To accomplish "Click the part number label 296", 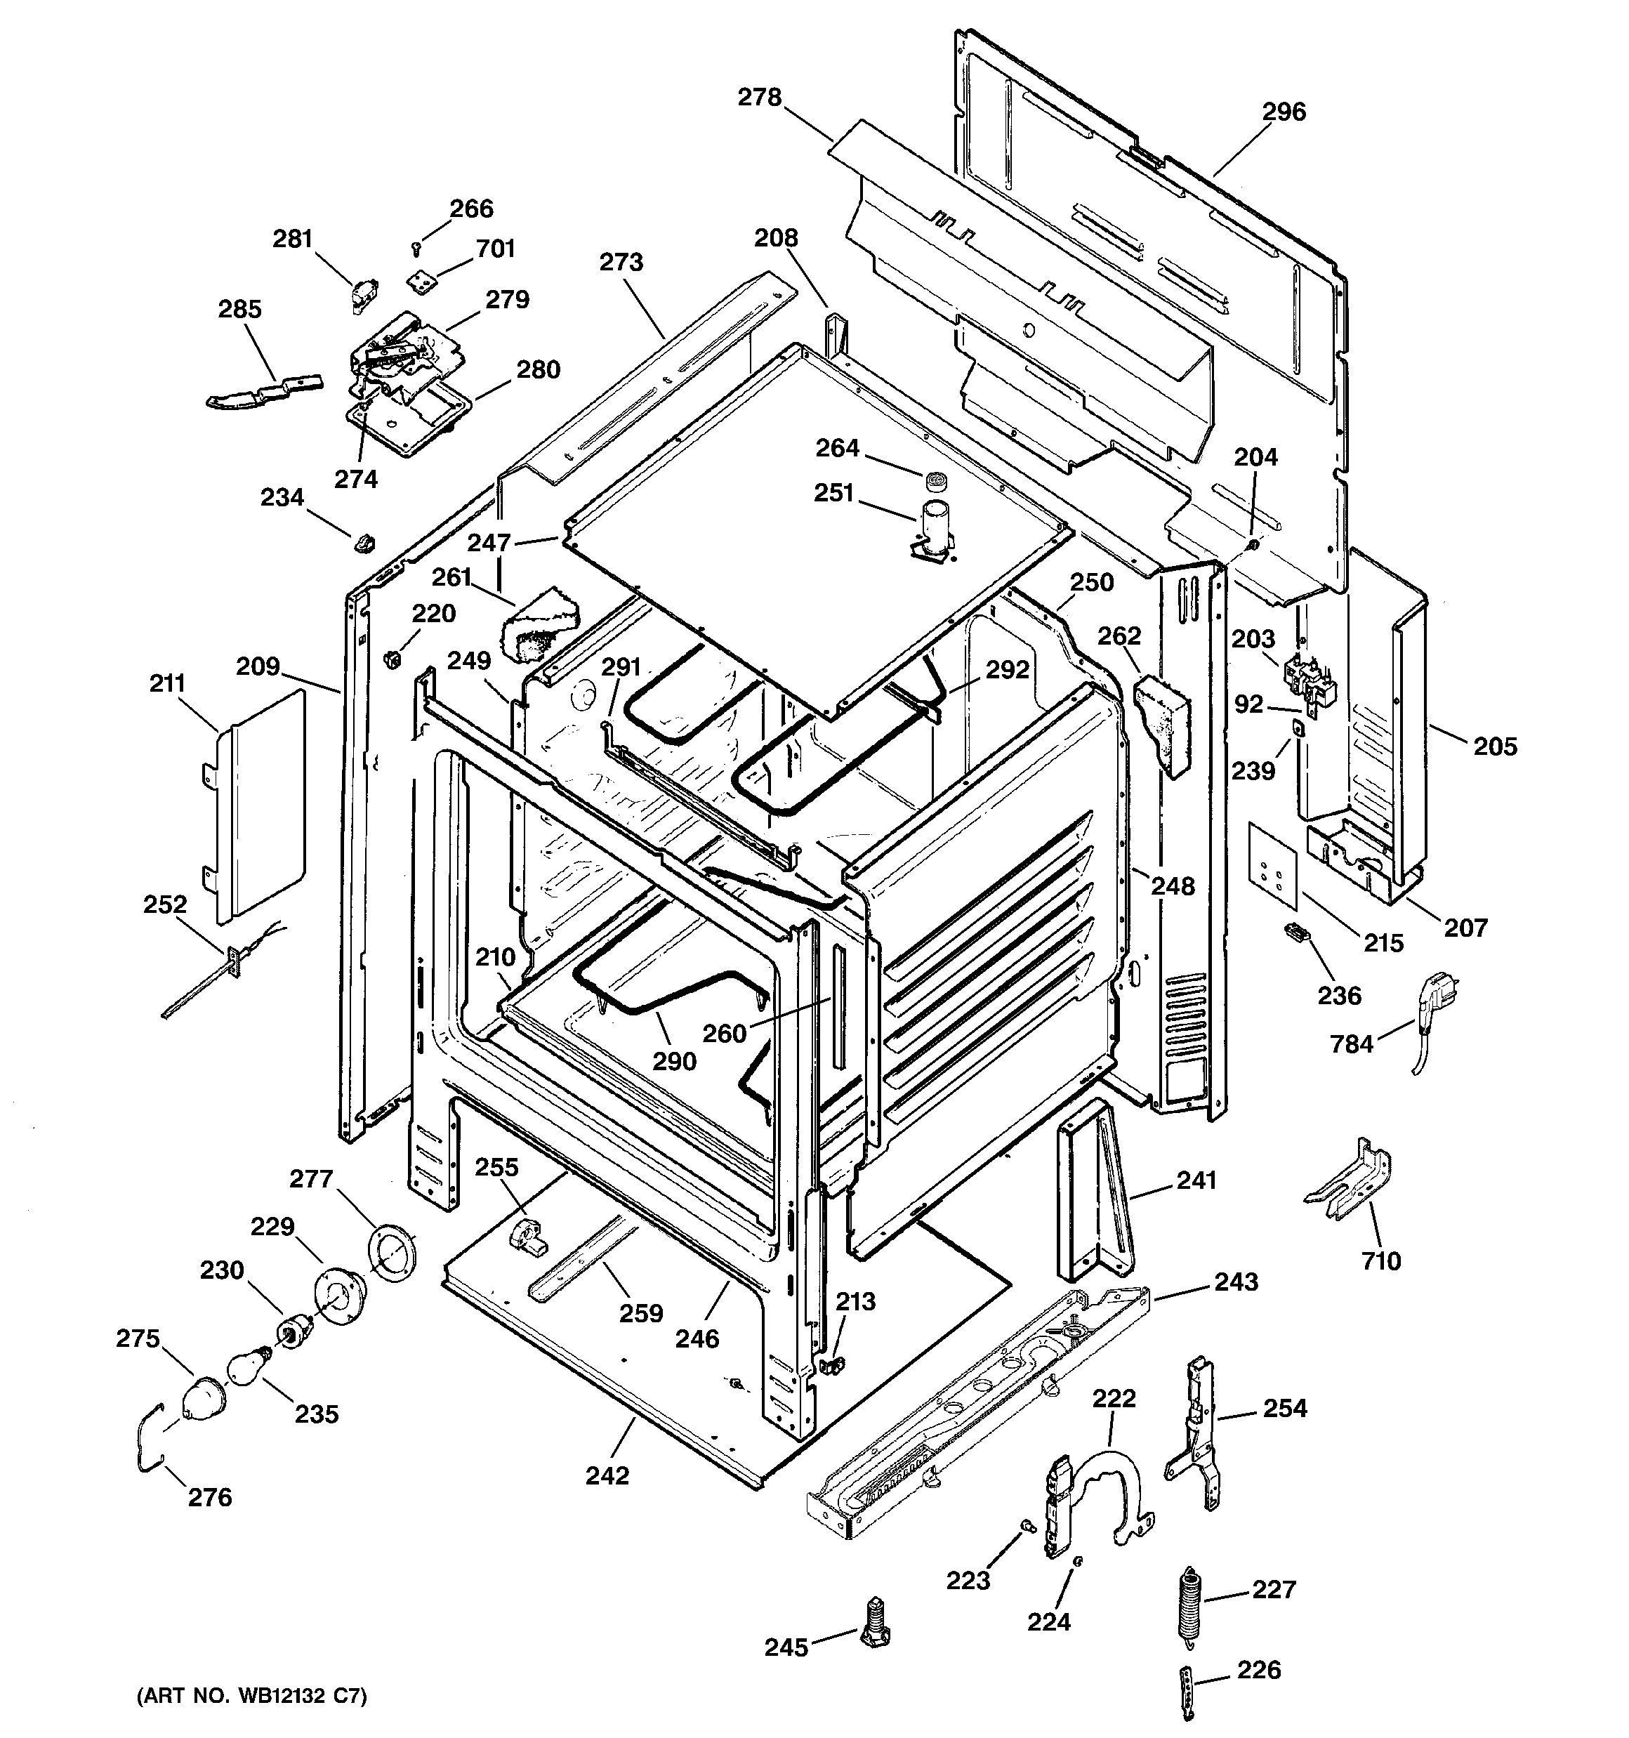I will (x=1284, y=112).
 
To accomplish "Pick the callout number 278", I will (x=759, y=97).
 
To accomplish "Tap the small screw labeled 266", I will (x=417, y=249).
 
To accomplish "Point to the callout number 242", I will (x=607, y=1476).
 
